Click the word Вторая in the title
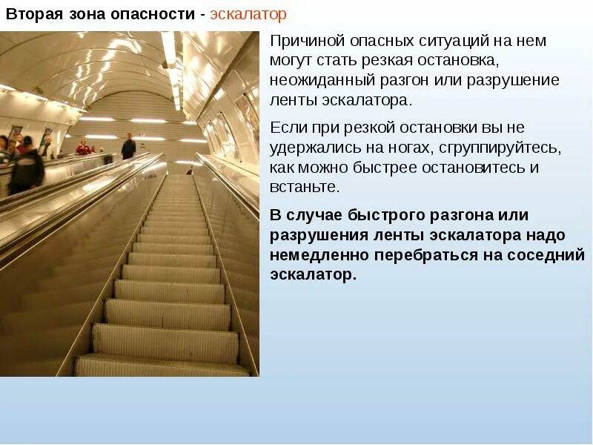pos(30,15)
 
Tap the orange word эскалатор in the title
pos(248,15)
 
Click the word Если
pos(286,128)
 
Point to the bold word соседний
pos(546,255)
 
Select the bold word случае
pos(323,216)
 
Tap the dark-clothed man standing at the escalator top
pos(128,146)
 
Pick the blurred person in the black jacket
pos(25,163)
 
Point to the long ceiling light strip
pos(171,67)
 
